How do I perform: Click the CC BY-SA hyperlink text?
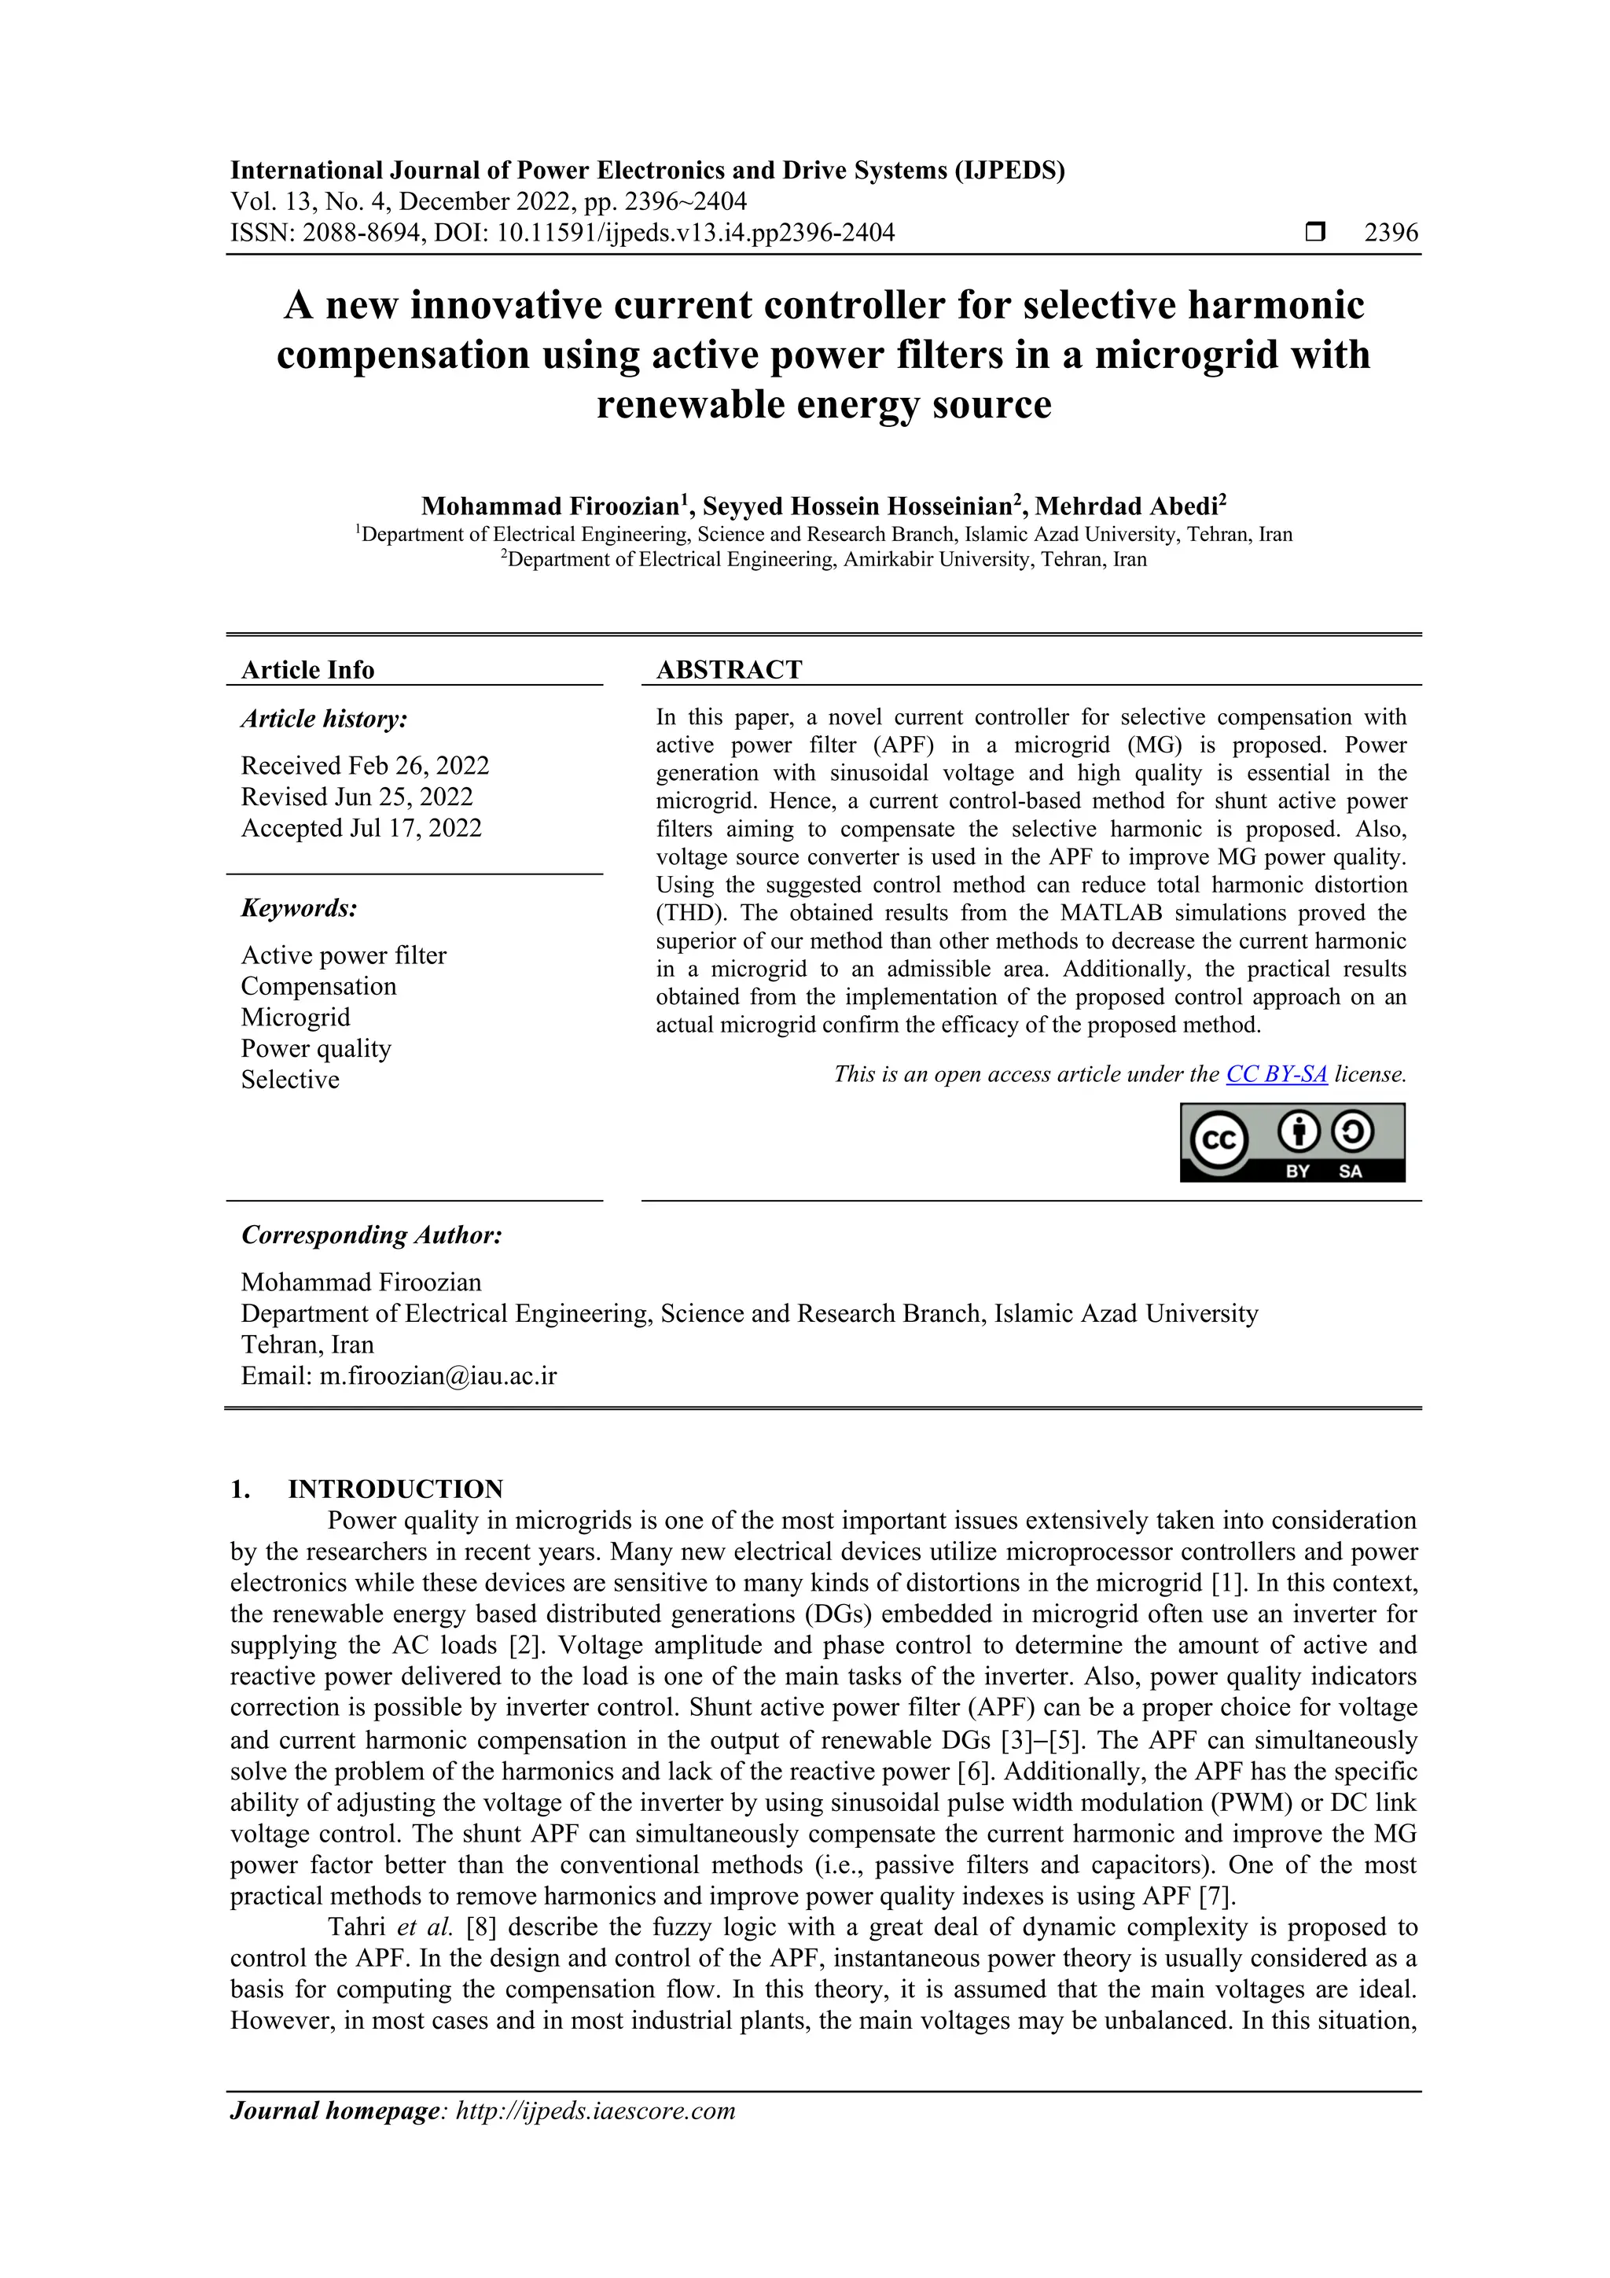(1276, 1073)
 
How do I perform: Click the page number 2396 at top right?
(1391, 234)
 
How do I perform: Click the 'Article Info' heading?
(307, 670)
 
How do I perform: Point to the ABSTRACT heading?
(729, 670)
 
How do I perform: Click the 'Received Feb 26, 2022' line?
(365, 766)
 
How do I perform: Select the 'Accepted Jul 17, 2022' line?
(361, 829)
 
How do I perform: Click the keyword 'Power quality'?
(315, 1049)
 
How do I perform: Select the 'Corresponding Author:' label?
(372, 1235)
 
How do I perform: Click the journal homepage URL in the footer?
(595, 2111)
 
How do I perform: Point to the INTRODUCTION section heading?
(395, 1489)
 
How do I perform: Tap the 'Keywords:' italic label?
(299, 909)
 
